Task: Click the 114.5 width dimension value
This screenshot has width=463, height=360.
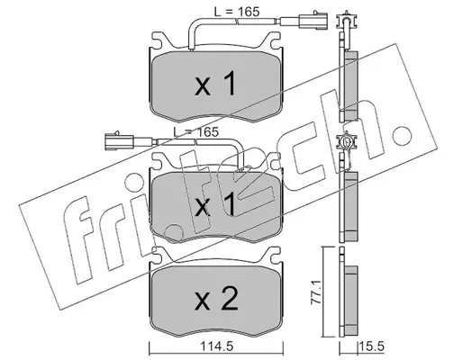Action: (215, 346)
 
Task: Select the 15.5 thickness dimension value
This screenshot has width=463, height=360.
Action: (371, 346)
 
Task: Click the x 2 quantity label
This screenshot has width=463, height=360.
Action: (216, 299)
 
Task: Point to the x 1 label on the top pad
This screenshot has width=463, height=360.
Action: (215, 85)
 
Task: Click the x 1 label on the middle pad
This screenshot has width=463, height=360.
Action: (215, 205)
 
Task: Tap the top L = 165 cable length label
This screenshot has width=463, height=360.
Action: (237, 12)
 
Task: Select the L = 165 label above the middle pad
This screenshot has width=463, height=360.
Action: (195, 132)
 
